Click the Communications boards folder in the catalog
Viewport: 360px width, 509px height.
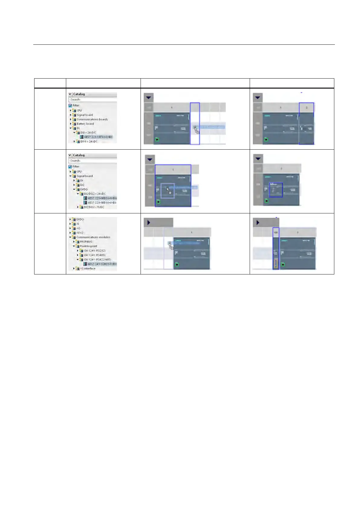92,119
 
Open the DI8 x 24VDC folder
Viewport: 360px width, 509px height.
88,133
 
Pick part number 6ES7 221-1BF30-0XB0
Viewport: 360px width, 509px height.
98,137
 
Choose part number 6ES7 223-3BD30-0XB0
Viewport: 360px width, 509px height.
102,203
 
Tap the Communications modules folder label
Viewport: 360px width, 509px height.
93,237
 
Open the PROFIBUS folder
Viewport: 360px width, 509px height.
86,242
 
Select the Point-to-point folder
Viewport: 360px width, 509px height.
88,246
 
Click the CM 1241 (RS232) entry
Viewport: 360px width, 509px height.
94,251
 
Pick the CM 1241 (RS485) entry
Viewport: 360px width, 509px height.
94,255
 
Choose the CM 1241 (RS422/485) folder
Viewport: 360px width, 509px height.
97,260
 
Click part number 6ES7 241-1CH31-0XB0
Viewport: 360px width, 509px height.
102,264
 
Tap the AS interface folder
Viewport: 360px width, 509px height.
87,268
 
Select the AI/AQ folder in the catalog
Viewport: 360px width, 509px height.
79,233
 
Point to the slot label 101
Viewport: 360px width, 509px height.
276,232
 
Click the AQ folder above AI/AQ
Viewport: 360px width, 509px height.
78,229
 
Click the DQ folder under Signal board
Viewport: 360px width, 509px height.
82,185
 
